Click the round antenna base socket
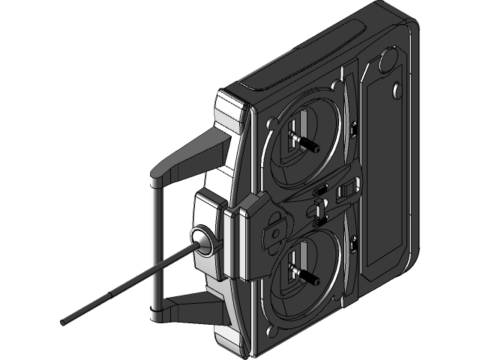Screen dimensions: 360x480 point(202,238)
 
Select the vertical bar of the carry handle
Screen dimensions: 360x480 point(155,247)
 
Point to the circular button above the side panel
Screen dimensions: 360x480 point(388,59)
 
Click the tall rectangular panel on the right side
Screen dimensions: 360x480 point(384,172)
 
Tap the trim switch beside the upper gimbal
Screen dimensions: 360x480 point(352,133)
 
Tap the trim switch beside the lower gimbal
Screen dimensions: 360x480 point(352,244)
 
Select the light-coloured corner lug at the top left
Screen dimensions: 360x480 point(229,112)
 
